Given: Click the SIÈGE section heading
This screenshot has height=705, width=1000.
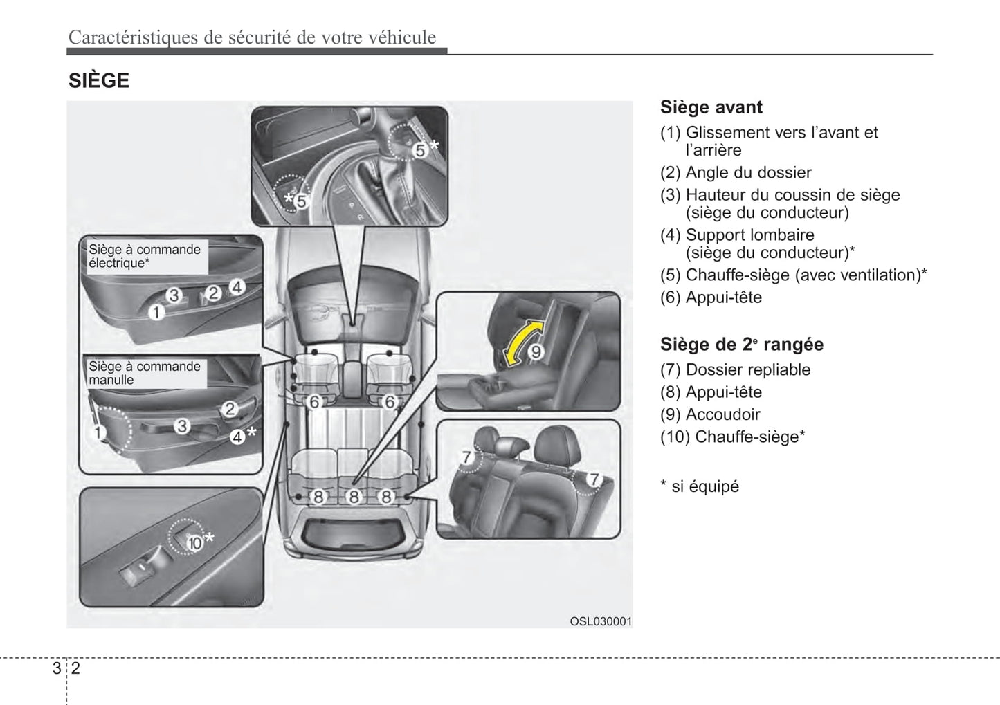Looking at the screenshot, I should [x=99, y=81].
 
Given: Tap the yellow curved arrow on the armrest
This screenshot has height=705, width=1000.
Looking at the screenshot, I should [x=522, y=342].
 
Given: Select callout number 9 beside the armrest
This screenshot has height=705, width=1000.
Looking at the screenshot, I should [x=536, y=352].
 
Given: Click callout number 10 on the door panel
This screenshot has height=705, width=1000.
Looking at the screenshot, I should [x=194, y=543].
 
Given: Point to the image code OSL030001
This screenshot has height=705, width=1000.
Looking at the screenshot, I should [x=600, y=621].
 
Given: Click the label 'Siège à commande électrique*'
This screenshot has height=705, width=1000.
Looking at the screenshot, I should [x=145, y=256].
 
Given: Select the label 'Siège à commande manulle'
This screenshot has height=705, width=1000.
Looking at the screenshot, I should [x=145, y=373].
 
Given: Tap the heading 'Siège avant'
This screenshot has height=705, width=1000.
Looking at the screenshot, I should [x=711, y=107].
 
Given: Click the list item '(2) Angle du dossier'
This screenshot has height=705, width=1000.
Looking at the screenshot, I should [x=736, y=172].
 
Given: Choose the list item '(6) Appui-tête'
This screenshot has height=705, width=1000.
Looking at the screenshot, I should [x=711, y=297].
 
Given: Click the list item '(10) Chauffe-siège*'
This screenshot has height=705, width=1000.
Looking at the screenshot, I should [x=732, y=437].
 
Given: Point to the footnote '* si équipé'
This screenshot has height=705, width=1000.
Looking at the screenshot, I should [x=700, y=486].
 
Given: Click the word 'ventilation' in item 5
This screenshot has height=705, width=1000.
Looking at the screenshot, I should [x=874, y=275].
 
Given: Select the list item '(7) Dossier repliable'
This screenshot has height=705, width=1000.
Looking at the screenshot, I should [x=735, y=369].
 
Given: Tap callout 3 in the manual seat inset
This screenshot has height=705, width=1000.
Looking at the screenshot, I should [x=182, y=426].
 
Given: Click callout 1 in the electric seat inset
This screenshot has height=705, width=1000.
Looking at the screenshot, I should [x=156, y=313].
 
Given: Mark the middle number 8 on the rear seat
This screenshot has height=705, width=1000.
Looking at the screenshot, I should [x=353, y=496].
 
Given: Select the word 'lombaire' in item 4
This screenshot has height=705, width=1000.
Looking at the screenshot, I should [x=783, y=235].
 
